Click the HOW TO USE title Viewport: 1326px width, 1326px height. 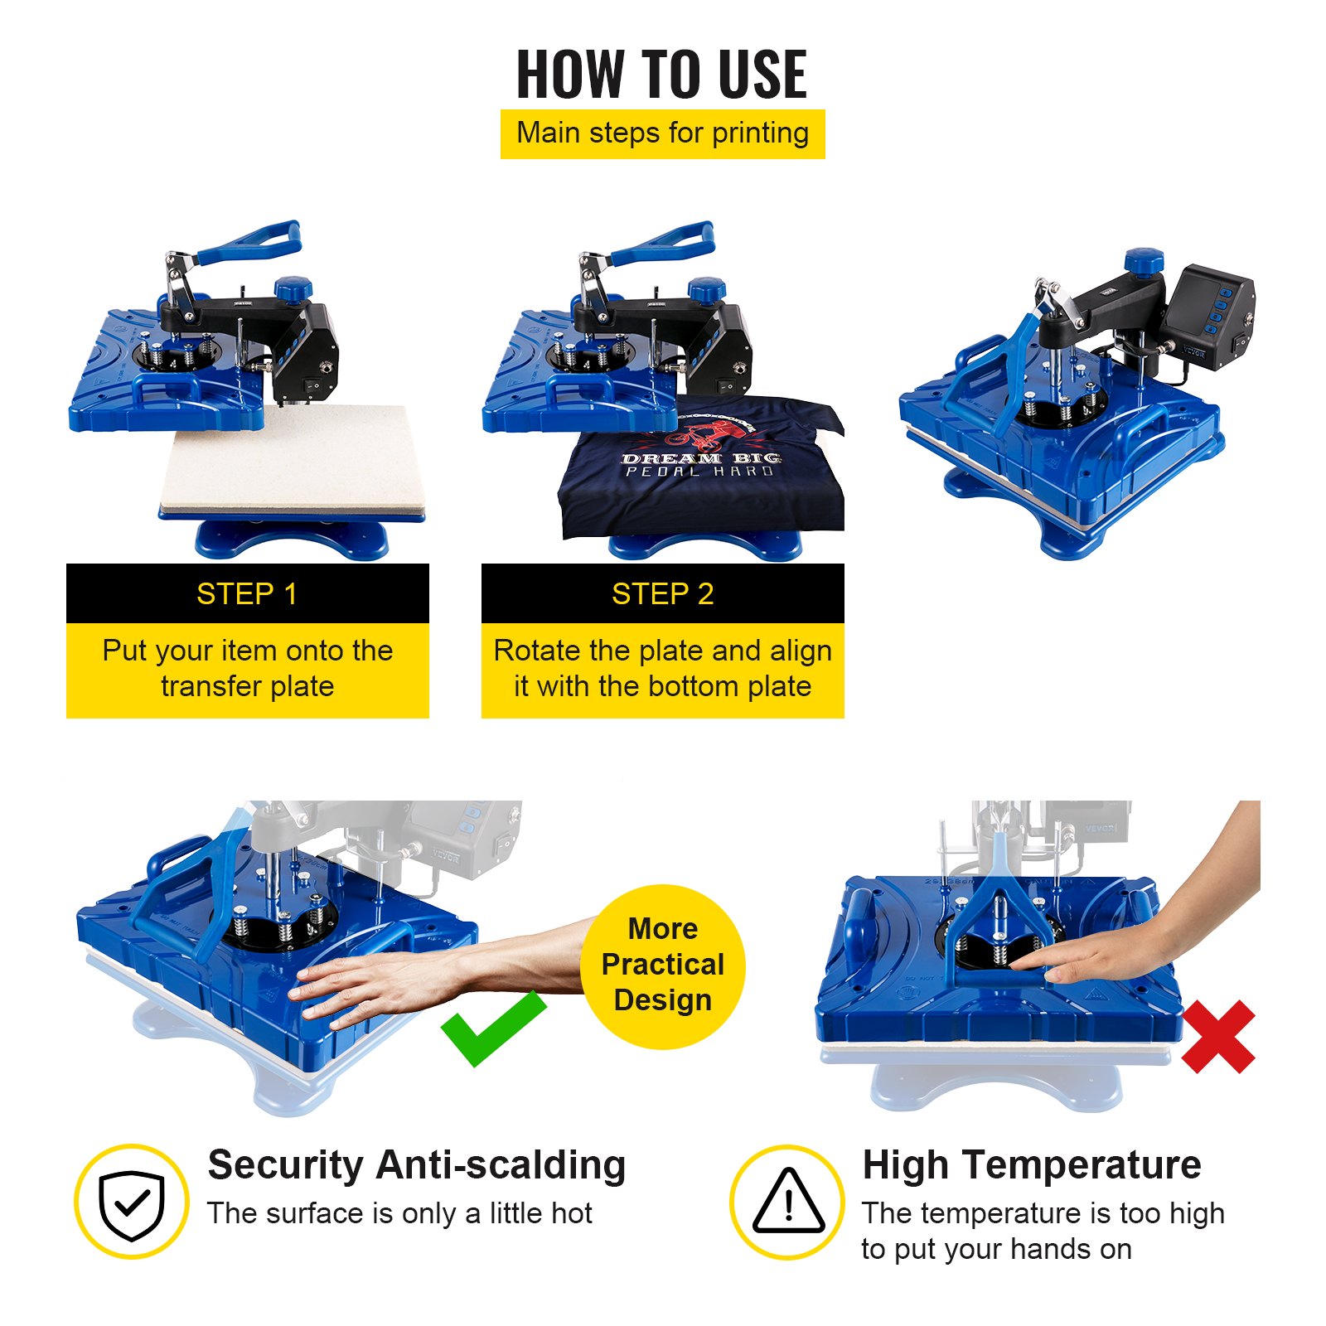pyautogui.click(x=661, y=75)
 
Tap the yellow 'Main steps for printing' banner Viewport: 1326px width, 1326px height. pyautogui.click(x=662, y=133)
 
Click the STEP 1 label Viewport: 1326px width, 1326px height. pyautogui.click(x=247, y=594)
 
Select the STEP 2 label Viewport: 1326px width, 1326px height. pyautogui.click(x=662, y=594)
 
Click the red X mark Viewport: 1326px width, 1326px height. pyautogui.click(x=1217, y=1036)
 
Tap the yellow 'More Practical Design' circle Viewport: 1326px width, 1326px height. pyautogui.click(x=662, y=965)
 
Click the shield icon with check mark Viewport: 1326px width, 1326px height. pyautogui.click(x=132, y=1202)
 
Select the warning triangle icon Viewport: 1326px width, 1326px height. pyautogui.click(x=788, y=1202)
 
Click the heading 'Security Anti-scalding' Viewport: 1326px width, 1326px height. pyautogui.click(x=416, y=1164)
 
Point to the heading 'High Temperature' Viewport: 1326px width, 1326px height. pyautogui.click(x=1032, y=1164)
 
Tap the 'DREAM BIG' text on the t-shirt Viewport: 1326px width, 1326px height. pyautogui.click(x=700, y=457)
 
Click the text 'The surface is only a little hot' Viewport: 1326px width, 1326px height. pyautogui.click(x=399, y=1213)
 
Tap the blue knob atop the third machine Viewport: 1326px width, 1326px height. pyautogui.click(x=1145, y=261)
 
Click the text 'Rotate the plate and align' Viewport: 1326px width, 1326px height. pyautogui.click(x=662, y=651)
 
